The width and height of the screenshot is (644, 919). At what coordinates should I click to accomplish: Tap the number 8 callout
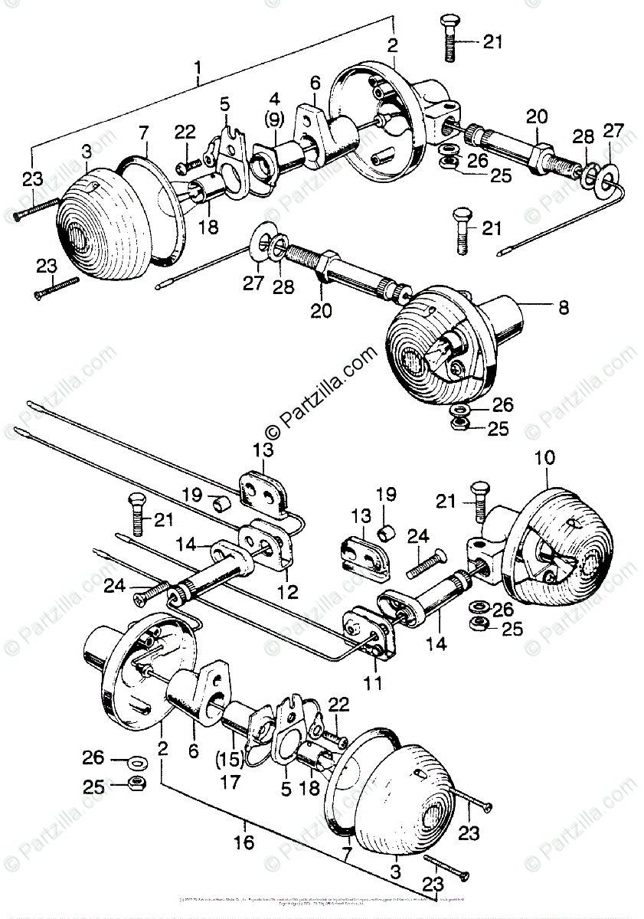coord(564,309)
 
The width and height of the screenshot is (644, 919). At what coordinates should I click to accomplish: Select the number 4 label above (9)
coord(273,99)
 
